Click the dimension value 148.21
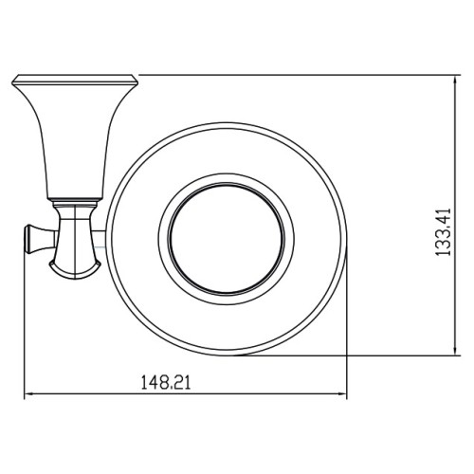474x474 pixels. point(166,382)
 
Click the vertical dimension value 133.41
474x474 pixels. point(443,232)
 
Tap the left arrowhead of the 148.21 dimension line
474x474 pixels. point(29,393)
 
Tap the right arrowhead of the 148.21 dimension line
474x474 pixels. point(342,393)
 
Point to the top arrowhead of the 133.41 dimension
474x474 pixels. point(455,81)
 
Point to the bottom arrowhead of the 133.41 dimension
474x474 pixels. point(455,350)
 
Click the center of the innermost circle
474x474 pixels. point(227,239)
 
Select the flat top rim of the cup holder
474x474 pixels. point(75,80)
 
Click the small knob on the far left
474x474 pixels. point(35,240)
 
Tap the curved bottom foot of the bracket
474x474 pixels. point(75,272)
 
